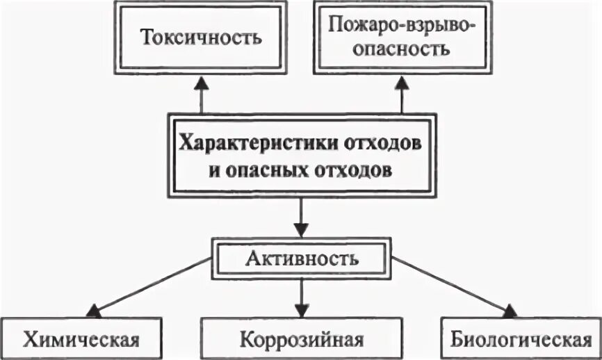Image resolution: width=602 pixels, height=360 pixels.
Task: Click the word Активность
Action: (x=302, y=260)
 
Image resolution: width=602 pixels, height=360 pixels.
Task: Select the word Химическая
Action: (x=81, y=340)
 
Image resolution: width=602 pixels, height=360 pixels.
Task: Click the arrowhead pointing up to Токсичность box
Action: (x=202, y=82)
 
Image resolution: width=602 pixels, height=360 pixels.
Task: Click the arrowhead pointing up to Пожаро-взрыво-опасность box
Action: (x=402, y=82)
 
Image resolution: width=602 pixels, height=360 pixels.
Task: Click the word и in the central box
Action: (x=213, y=170)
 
